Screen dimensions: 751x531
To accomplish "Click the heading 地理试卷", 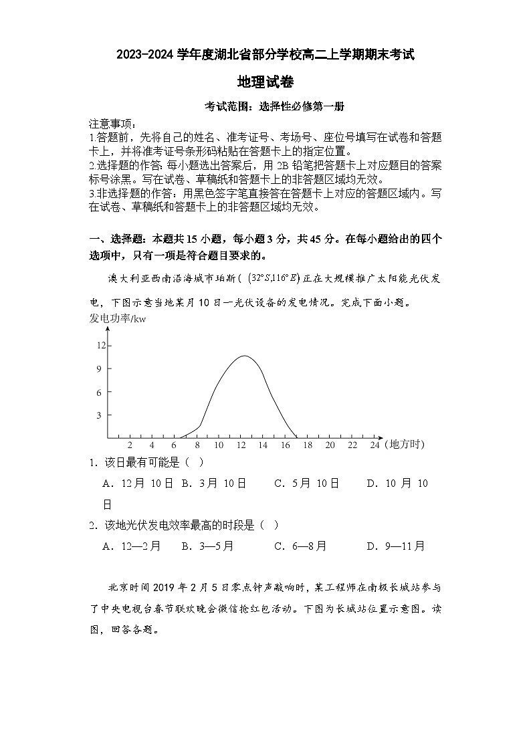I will (265, 82).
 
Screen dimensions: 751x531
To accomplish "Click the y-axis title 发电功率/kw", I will (117, 318).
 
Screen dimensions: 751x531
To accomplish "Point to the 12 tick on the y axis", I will (101, 345).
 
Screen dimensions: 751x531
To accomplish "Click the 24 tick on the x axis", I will (375, 445).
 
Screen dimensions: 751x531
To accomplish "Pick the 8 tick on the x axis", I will (197, 445).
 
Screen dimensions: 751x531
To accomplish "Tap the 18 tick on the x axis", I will (308, 445).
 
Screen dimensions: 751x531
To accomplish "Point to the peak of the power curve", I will (245, 356).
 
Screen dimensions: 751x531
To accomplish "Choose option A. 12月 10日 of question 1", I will (138, 484).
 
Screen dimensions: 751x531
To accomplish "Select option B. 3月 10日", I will (214, 484).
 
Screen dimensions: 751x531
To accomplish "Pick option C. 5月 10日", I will (306, 484).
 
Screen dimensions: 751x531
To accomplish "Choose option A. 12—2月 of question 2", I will (132, 546).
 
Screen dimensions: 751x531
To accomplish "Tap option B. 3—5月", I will (207, 546).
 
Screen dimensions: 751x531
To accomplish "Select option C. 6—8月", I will (300, 546).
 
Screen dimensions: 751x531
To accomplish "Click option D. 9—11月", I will (395, 546).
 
